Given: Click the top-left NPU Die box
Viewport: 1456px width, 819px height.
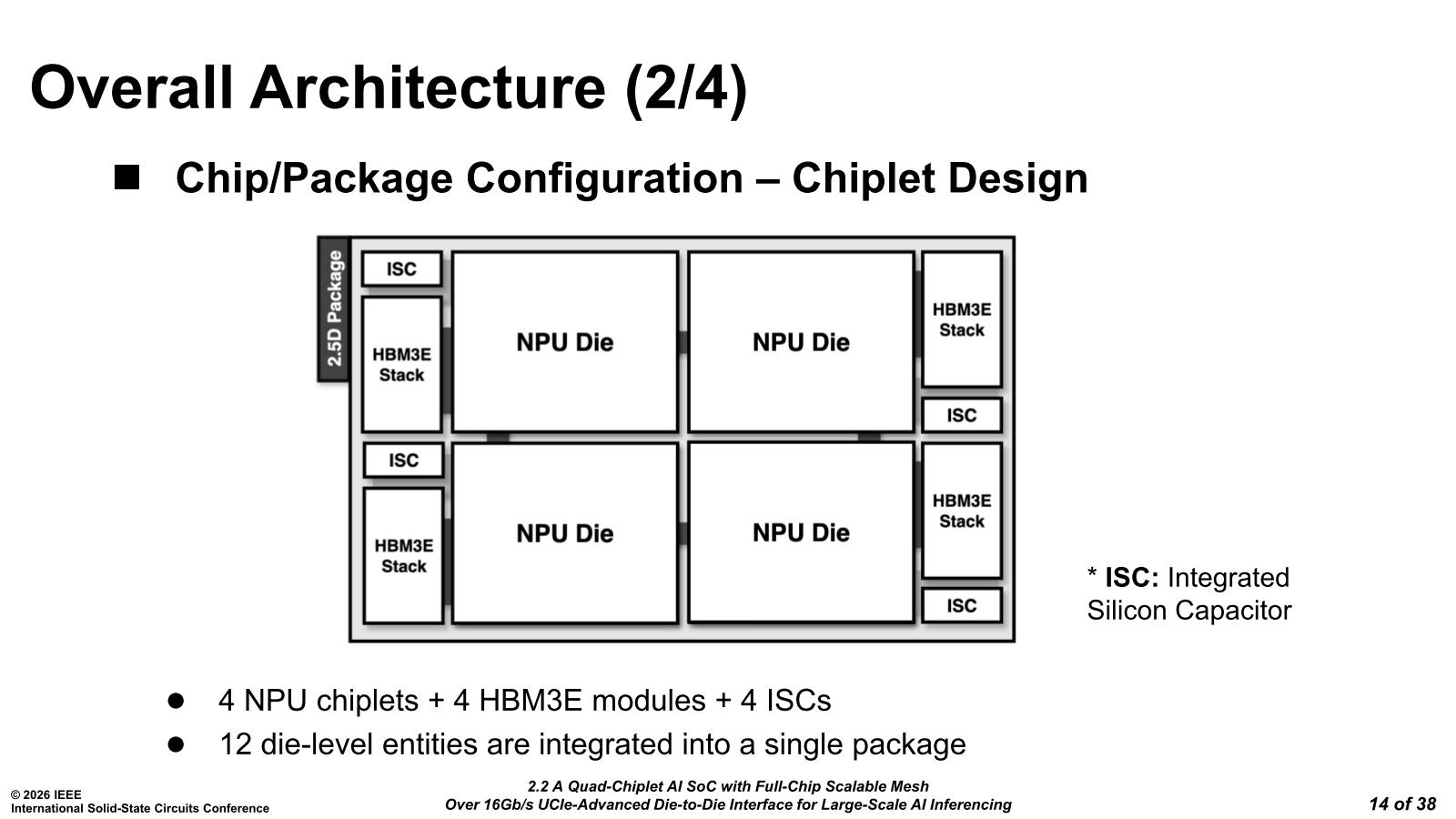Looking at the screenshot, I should [x=564, y=342].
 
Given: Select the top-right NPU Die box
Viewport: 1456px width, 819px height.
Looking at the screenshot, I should [x=801, y=342].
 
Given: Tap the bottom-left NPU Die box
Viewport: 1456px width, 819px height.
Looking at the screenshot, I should [x=564, y=533].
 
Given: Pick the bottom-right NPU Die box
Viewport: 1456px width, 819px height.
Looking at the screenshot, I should [x=801, y=532].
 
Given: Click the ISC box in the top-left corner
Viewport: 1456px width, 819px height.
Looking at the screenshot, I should [x=401, y=269].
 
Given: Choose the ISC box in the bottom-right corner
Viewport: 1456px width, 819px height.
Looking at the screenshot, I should [x=961, y=606].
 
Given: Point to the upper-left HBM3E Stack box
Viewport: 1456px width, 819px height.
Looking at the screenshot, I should [x=401, y=364].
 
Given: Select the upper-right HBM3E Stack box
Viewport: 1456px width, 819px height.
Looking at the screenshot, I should [x=961, y=319].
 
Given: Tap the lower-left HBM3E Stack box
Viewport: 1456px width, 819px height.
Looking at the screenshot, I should [x=403, y=556].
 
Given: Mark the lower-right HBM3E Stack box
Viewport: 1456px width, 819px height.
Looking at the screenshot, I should [x=961, y=511].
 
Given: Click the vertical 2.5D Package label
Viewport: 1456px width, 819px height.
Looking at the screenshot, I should [x=334, y=308].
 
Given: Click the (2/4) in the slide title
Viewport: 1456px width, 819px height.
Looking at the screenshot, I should [x=685, y=88].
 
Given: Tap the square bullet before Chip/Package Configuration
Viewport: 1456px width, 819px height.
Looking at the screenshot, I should [x=127, y=177].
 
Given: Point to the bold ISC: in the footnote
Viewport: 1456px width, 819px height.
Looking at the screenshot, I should [x=1131, y=578].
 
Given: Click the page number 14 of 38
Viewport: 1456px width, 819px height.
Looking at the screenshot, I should [x=1402, y=804].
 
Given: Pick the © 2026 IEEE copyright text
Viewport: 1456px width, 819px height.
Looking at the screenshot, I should [x=45, y=794].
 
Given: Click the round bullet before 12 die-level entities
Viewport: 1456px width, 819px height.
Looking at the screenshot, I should [x=176, y=744].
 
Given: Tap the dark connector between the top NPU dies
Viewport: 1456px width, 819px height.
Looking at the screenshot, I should [x=682, y=342].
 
